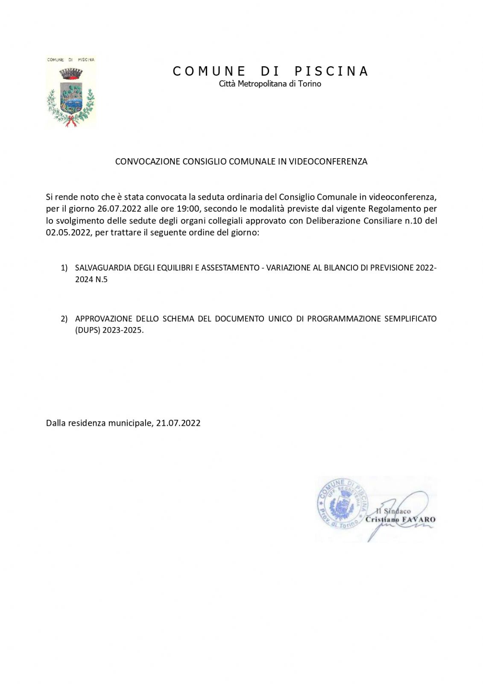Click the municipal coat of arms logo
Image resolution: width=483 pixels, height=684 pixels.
71,92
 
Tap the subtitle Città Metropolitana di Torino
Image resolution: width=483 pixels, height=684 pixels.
270,84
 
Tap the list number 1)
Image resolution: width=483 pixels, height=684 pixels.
64,268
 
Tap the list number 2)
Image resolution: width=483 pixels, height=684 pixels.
64,319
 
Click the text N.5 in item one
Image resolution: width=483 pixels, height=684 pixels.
101,280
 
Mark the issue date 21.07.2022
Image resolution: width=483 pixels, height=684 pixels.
178,423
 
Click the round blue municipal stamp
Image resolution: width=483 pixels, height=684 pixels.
342,504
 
